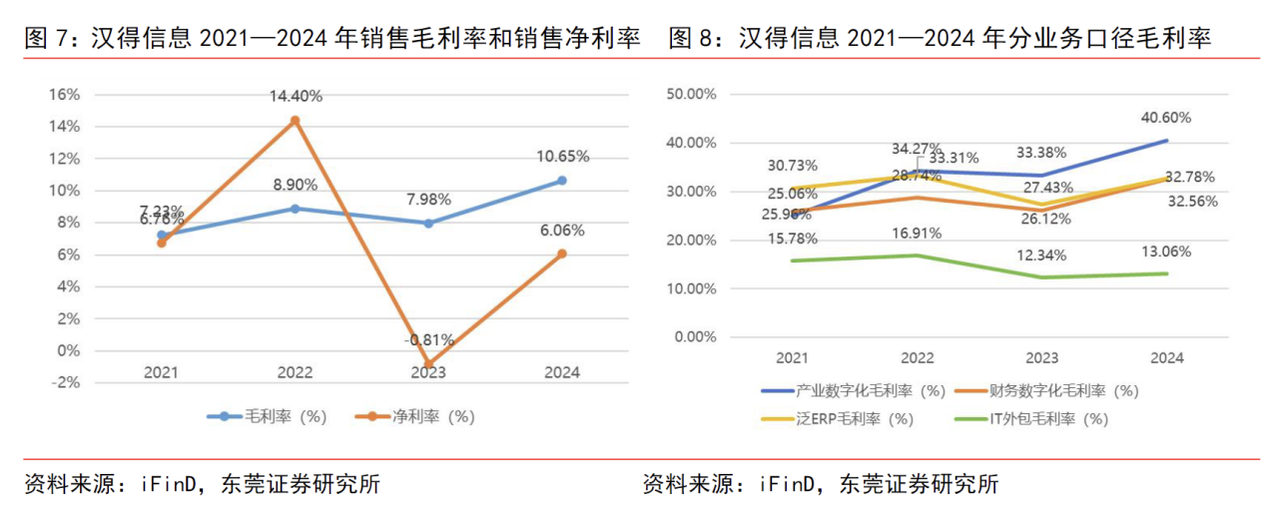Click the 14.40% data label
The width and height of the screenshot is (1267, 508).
[x=295, y=96]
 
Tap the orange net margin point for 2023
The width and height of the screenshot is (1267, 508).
[x=428, y=364]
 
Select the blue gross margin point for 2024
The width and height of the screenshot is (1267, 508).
[x=561, y=181]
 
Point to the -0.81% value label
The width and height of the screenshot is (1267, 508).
[x=429, y=339]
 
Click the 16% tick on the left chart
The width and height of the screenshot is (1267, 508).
[x=63, y=94]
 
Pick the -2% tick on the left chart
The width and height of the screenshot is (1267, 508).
[x=65, y=383]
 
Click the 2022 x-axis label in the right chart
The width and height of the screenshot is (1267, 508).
[x=917, y=357]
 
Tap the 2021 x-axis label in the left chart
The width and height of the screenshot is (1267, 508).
[x=161, y=372]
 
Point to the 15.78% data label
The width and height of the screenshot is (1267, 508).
[x=793, y=239]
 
